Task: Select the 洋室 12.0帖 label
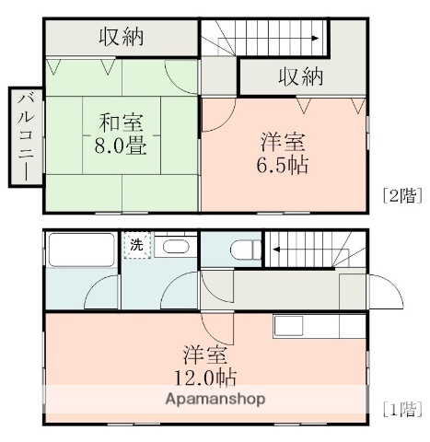click(x=204, y=365)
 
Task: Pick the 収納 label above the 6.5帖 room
click(x=301, y=77)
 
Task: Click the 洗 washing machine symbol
click(x=136, y=245)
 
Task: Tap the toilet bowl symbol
click(x=244, y=250)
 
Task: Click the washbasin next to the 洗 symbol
click(x=172, y=247)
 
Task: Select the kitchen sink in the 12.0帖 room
click(x=287, y=326)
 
